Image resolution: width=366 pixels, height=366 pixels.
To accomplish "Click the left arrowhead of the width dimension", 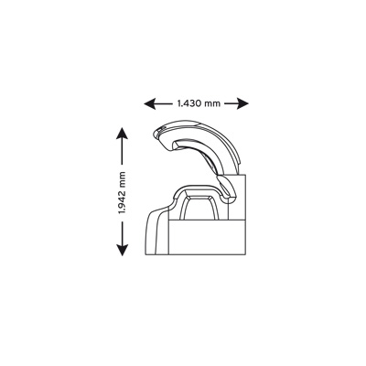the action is click(x=148, y=103).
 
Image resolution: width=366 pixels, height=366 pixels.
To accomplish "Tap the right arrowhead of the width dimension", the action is click(x=243, y=103).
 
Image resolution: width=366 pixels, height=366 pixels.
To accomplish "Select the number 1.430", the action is click(x=188, y=103).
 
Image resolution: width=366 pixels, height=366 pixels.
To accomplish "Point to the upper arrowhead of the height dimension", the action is click(x=122, y=133).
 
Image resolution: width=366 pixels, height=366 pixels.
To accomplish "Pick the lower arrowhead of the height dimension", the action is click(x=122, y=251).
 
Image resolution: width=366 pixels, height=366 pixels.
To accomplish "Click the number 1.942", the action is click(x=122, y=202).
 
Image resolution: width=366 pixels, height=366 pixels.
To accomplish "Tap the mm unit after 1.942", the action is click(x=123, y=178).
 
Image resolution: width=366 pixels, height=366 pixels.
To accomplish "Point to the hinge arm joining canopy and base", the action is click(x=226, y=188).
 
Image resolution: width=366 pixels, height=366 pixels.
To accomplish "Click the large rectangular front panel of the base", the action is click(x=207, y=237).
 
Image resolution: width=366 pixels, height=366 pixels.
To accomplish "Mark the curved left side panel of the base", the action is click(x=156, y=231).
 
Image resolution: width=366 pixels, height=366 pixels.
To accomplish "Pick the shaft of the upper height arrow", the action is click(x=122, y=150).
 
